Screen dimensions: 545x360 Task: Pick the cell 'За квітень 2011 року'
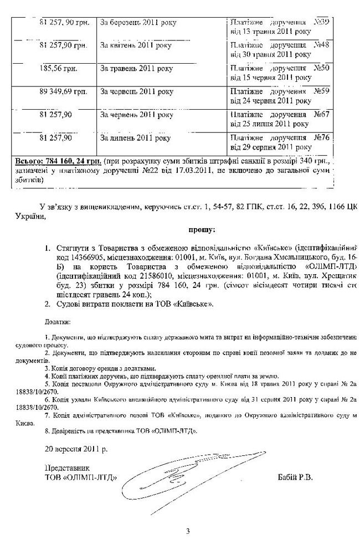point(136,45)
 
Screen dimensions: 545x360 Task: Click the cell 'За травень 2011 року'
point(136,68)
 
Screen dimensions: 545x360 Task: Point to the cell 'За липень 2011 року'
point(135,137)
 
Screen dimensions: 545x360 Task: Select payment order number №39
point(321,22)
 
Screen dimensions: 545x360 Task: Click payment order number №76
point(321,137)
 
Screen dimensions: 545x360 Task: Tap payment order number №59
point(321,91)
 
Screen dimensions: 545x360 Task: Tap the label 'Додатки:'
point(57,321)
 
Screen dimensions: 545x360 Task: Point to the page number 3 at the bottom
point(188,532)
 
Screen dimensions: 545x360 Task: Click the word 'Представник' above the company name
point(66,469)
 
